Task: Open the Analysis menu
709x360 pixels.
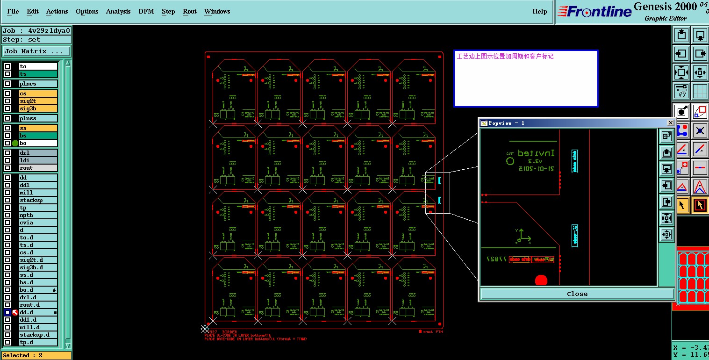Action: (118, 11)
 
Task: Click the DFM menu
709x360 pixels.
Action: (146, 11)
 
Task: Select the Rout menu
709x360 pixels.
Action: (189, 11)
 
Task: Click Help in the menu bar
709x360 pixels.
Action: (539, 11)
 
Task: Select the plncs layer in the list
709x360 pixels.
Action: (38, 84)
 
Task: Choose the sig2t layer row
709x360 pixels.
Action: (38, 101)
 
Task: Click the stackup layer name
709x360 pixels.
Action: (38, 200)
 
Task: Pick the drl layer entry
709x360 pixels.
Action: (38, 153)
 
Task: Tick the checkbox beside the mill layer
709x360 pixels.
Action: (7, 193)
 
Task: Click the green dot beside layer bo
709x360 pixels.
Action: (15, 143)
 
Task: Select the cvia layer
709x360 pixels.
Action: (38, 223)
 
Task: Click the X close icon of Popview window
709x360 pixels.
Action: (670, 123)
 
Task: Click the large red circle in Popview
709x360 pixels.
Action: (541, 280)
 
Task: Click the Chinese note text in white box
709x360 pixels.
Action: (505, 57)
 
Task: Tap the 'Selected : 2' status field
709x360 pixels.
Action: (36, 355)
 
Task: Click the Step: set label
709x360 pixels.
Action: (36, 40)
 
